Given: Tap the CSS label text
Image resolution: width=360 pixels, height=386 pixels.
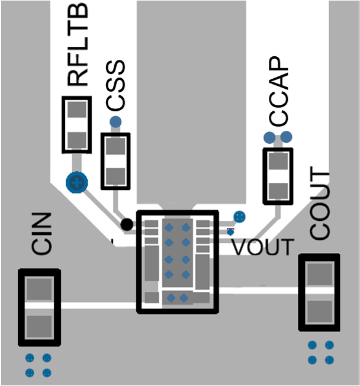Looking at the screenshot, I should pos(115,85).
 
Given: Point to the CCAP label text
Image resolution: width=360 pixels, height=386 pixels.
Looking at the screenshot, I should pos(278,92).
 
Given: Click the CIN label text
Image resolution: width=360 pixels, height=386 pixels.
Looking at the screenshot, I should pos(42,234).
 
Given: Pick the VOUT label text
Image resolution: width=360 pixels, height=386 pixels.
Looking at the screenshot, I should pos(262,247).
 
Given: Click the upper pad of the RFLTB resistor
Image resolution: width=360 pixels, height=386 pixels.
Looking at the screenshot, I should pos(76,110).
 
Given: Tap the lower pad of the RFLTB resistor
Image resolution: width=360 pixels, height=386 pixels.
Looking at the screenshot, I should pos(76,140).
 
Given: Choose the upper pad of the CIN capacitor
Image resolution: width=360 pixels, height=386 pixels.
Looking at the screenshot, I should pos(40,290).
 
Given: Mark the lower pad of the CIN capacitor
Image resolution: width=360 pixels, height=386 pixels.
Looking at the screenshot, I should pos(40,325).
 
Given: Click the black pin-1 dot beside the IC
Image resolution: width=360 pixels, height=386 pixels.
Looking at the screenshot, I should pos(126,224).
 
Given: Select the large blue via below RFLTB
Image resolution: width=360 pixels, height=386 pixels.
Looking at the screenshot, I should pos(76,183).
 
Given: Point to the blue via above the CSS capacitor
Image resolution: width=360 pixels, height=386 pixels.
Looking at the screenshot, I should pos(115,122).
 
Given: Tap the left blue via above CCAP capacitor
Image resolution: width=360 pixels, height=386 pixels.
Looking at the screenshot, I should pos(269,138).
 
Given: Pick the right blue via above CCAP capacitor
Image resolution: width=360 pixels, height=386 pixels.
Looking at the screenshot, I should pos(286,138).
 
